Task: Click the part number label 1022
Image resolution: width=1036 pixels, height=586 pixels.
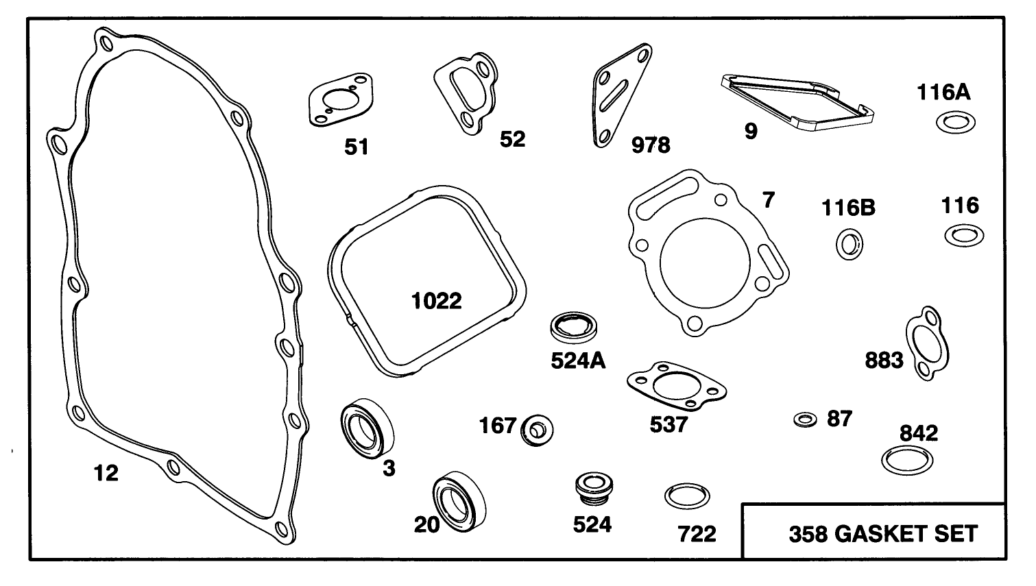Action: [x=437, y=300]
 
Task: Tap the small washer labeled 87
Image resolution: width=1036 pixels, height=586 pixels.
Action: [x=805, y=419]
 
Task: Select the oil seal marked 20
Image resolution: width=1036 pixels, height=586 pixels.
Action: [x=457, y=500]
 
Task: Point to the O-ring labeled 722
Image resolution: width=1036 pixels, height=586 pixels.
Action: [x=687, y=496]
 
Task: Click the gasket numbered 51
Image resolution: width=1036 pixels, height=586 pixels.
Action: [x=335, y=106]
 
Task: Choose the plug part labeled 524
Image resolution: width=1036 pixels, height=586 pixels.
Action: [x=592, y=487]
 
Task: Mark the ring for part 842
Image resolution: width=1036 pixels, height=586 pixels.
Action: [x=906, y=459]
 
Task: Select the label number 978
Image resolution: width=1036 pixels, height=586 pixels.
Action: [x=650, y=145]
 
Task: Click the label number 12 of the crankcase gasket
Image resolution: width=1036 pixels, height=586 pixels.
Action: [x=106, y=473]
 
